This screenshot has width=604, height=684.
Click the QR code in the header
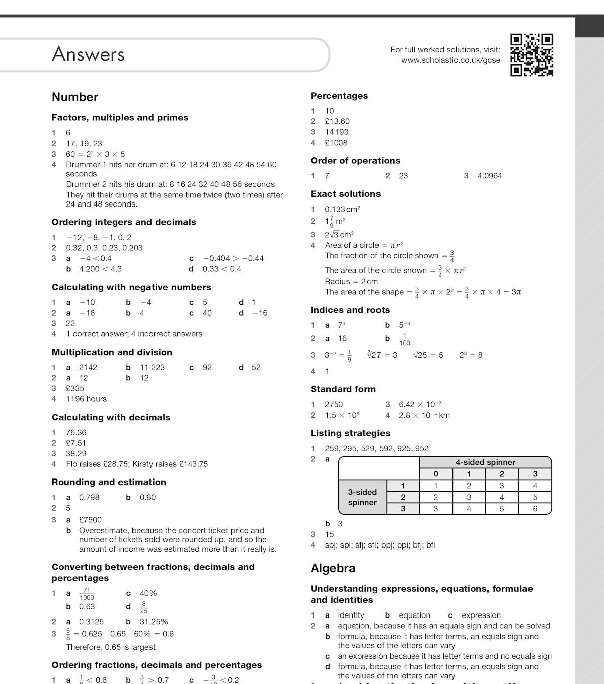(x=532, y=55)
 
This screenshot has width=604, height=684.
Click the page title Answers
(x=88, y=54)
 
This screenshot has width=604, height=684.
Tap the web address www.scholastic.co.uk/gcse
(x=450, y=60)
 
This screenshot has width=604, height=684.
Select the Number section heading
(x=75, y=97)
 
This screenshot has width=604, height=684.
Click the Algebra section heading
(x=333, y=568)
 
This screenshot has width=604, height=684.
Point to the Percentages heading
(x=339, y=96)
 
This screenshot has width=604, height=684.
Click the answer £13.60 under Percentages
(x=337, y=121)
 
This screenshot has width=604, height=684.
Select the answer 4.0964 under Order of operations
(x=489, y=176)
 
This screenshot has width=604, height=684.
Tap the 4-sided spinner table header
(x=485, y=462)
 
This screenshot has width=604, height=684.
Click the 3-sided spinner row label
(x=362, y=497)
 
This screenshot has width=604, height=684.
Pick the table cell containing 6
(x=535, y=509)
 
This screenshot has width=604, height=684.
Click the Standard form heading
(x=343, y=389)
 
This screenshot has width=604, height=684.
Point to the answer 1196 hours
(x=86, y=399)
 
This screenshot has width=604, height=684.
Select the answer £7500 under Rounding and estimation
(x=90, y=520)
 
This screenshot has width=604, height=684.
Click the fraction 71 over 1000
(x=87, y=594)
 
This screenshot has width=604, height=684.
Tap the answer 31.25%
(x=154, y=622)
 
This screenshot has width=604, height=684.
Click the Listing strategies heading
(x=350, y=433)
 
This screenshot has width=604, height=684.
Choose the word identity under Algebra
(x=351, y=615)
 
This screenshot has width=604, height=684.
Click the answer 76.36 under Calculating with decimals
(x=76, y=432)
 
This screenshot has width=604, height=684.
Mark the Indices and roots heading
(x=350, y=310)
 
